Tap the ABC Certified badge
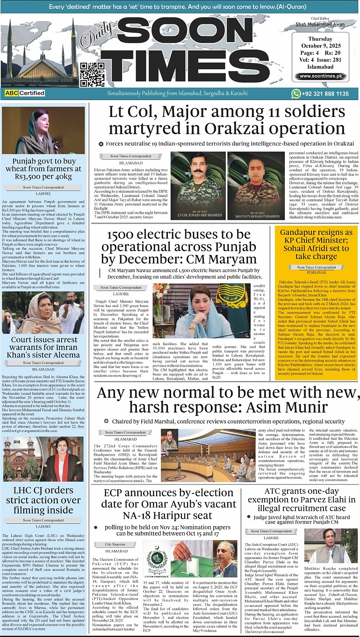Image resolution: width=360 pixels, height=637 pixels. pyautogui.click(x=25, y=93)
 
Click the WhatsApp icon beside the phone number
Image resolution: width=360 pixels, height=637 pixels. pyautogui.click(x=295, y=94)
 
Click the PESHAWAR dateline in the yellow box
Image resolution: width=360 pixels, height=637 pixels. pyautogui.click(x=316, y=274)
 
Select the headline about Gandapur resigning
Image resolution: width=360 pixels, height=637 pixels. pyautogui.click(x=317, y=244)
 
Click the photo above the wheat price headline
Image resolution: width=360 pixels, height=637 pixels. pyautogui.click(x=43, y=130)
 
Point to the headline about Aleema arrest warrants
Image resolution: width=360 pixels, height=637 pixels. pyautogui.click(x=43, y=347)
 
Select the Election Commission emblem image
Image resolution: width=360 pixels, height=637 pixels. pyautogui.click(x=158, y=559)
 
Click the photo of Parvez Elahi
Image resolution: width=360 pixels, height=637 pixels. pyautogui.click(x=331, y=546)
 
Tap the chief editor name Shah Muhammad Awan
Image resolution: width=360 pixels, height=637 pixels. pyautogui.click(x=320, y=24)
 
